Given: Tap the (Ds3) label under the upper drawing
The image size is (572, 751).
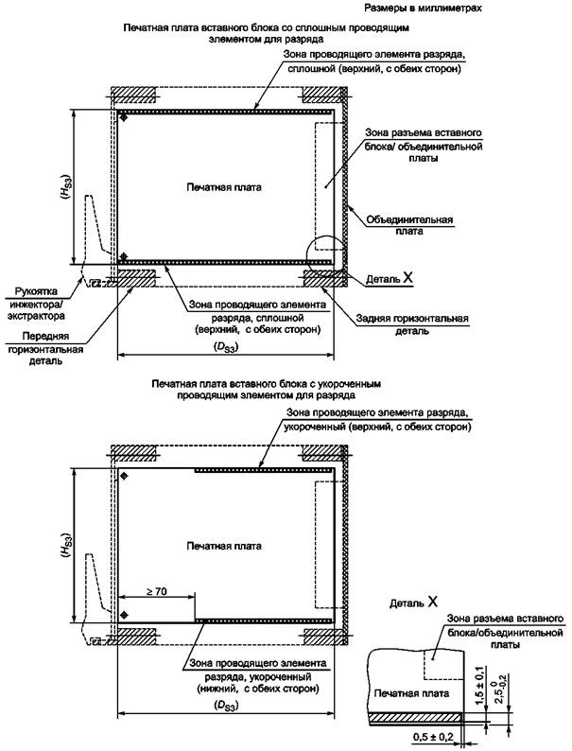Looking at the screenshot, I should pyautogui.click(x=225, y=347).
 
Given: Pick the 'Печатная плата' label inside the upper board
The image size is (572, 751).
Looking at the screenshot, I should pyautogui.click(x=223, y=187).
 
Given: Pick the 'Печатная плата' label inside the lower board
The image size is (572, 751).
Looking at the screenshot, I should pyautogui.click(x=224, y=546).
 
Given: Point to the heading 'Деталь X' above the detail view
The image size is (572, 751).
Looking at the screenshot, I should pyautogui.click(x=413, y=602).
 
